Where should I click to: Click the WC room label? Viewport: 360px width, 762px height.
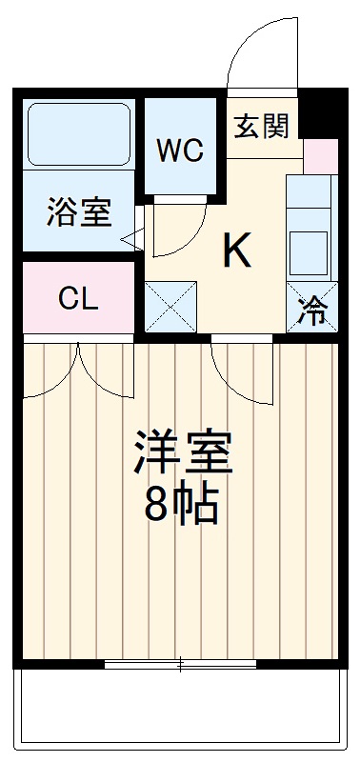[x=180, y=150]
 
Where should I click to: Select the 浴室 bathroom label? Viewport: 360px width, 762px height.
[x=78, y=211]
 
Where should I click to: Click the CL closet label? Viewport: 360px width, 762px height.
[x=78, y=298]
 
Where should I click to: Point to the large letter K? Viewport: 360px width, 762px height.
[x=237, y=251]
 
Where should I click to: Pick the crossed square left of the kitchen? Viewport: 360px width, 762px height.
[x=170, y=306]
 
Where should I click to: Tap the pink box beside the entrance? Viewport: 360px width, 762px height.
[x=320, y=155]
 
